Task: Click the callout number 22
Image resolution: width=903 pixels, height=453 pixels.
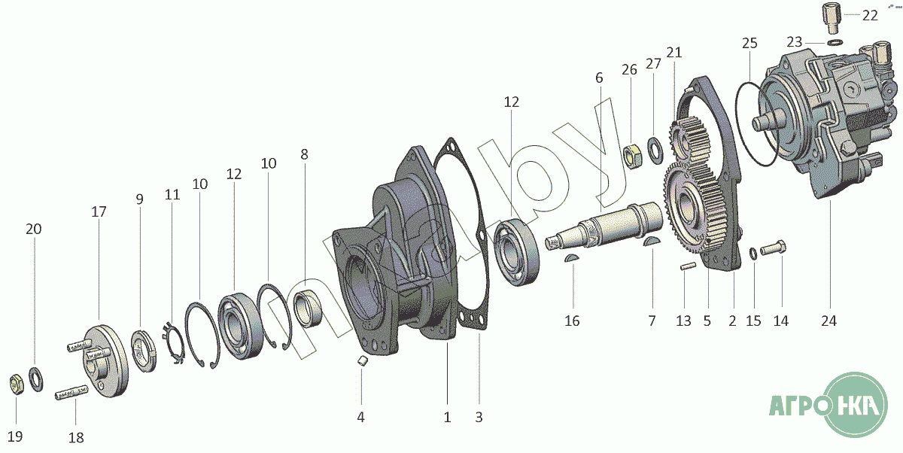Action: [870, 16]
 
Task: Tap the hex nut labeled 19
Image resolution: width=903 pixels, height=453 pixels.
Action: [16, 384]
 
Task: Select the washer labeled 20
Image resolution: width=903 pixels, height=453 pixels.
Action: [36, 379]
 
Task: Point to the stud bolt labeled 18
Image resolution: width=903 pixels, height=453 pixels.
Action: [71, 394]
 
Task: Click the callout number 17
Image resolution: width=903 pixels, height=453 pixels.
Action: [99, 212]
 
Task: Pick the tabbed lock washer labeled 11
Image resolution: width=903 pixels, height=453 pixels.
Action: [174, 342]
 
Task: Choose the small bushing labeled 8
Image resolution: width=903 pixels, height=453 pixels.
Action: [307, 308]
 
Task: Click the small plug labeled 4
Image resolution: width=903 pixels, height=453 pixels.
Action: [363, 360]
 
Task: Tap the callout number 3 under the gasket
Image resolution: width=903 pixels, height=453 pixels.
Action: [479, 418]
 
